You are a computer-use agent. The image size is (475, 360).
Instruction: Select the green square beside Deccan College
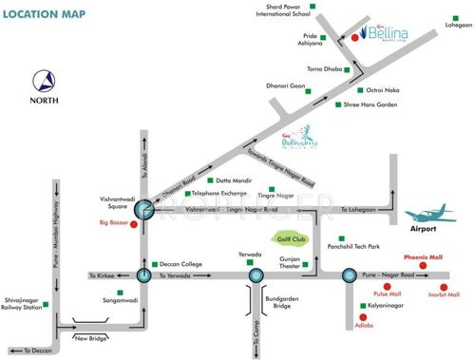tap(155, 263)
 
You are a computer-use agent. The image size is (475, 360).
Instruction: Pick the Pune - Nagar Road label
tap(390, 275)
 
